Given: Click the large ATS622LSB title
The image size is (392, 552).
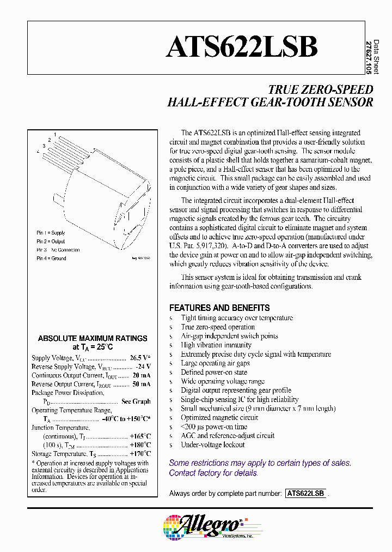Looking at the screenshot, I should pyautogui.click(x=242, y=47).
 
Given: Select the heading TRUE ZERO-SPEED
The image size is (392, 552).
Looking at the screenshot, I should pyautogui.click(x=321, y=89).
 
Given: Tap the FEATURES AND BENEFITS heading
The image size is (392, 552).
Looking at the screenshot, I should pyautogui.click(x=219, y=308).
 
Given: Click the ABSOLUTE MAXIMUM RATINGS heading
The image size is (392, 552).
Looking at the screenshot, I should pyautogui.click(x=93, y=338).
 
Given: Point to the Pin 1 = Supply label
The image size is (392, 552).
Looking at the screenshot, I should pyautogui.click(x=51, y=233).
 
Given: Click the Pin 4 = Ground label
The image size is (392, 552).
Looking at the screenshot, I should pyautogui.click(x=51, y=259).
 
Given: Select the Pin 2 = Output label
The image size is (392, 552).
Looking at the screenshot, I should pyautogui.click(x=51, y=242).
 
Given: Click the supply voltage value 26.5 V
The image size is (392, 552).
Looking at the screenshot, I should pyautogui.click(x=140, y=358).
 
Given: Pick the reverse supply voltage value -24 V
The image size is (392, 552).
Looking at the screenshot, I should pyautogui.click(x=142, y=367).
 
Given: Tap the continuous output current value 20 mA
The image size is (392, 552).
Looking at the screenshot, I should pyautogui.click(x=142, y=375).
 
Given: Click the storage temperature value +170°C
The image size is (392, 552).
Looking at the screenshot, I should pyautogui.click(x=140, y=454).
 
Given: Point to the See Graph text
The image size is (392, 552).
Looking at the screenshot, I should pyautogui.click(x=136, y=401).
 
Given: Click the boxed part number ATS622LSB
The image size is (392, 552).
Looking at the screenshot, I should pyautogui.click(x=305, y=493).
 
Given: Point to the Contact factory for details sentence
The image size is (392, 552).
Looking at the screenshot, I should pyautogui.click(x=213, y=473).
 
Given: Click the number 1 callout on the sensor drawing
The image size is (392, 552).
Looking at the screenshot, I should pyautogui.click(x=55, y=134).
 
